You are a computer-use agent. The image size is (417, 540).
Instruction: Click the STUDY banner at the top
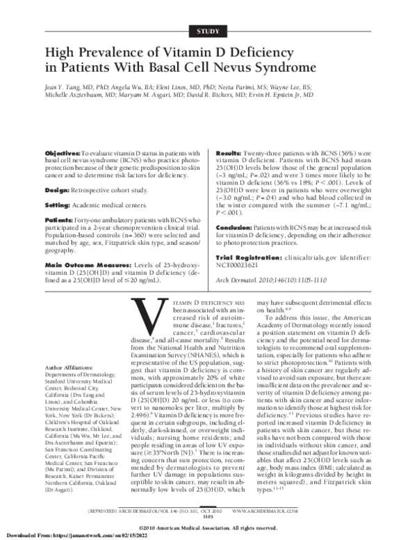(208, 31)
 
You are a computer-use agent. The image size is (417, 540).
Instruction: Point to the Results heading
(231, 132)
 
